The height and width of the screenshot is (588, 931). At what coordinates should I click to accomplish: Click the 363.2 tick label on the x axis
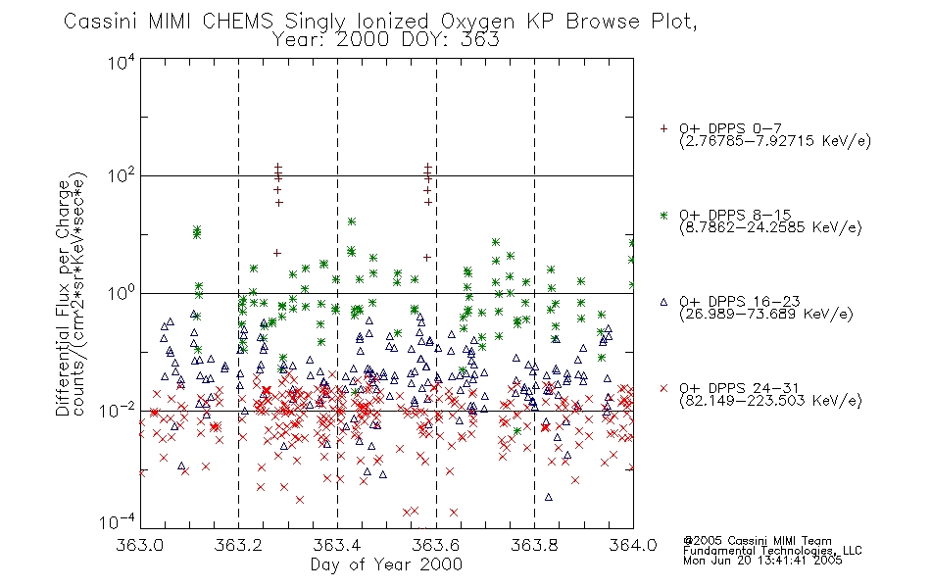(x=238, y=545)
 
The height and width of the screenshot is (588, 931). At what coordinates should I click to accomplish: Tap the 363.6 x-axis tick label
(x=436, y=545)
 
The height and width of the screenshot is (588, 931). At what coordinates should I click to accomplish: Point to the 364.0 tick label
(x=633, y=545)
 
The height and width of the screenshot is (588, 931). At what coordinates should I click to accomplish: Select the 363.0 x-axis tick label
(x=139, y=545)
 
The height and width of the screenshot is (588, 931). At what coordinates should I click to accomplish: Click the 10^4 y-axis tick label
(x=122, y=62)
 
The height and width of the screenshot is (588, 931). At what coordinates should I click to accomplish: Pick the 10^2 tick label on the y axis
(x=122, y=175)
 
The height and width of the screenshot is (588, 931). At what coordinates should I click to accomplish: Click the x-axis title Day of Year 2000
(x=386, y=564)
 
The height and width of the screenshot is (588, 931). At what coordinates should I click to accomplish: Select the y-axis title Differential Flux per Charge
(x=63, y=298)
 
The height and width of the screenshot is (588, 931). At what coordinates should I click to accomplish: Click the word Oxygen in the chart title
(x=477, y=22)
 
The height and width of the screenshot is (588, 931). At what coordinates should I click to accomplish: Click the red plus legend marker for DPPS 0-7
(x=663, y=128)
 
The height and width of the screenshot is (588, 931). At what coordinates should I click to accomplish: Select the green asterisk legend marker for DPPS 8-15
(x=663, y=215)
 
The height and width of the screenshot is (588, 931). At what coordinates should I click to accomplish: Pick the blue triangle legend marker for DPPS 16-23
(x=663, y=302)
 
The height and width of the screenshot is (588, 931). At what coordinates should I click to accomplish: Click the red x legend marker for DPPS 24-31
(x=663, y=388)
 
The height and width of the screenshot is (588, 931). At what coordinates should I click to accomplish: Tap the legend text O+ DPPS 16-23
(x=740, y=301)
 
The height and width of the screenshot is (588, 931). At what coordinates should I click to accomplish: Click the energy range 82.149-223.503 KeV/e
(x=770, y=400)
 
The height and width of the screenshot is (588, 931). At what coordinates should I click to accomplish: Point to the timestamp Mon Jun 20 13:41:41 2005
(x=762, y=561)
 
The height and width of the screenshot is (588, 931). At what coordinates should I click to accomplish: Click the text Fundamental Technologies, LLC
(x=772, y=551)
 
